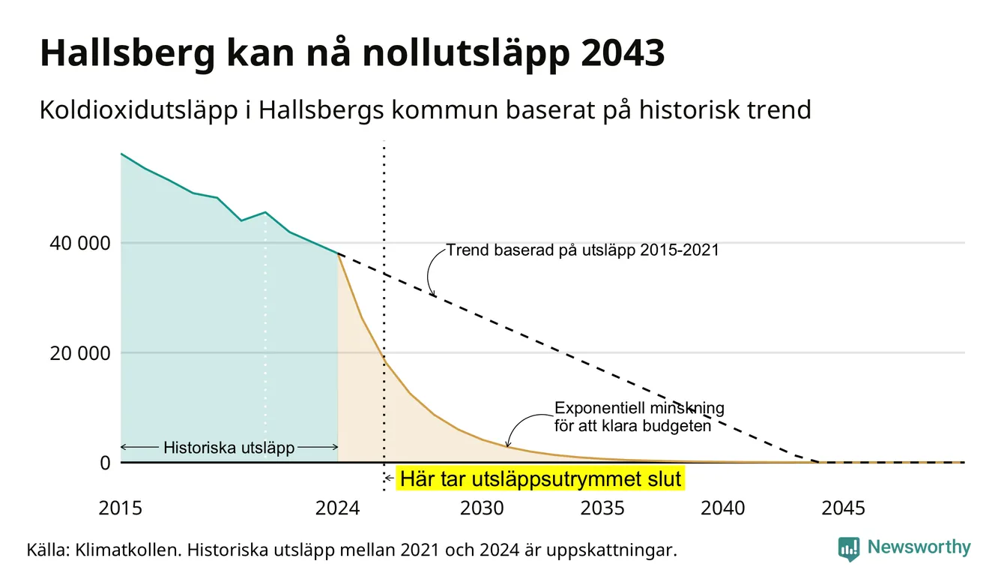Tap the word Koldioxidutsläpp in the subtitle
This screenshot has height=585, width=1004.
pyautogui.click(x=139, y=110)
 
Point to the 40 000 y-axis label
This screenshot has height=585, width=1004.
pyautogui.click(x=79, y=243)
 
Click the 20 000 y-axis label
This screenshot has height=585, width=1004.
pyautogui.click(x=79, y=353)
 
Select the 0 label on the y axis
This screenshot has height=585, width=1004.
pyautogui.click(x=105, y=463)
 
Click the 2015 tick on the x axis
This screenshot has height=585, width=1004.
pyautogui.click(x=120, y=508)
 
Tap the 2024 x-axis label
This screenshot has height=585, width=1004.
pyautogui.click(x=337, y=508)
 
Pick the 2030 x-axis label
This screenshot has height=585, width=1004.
pyautogui.click(x=482, y=508)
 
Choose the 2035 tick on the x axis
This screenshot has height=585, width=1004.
pyautogui.click(x=602, y=508)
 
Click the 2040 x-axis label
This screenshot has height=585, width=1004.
pyautogui.click(x=722, y=508)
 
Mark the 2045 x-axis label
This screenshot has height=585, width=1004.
pyautogui.click(x=843, y=508)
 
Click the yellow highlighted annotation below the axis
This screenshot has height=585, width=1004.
pyautogui.click(x=540, y=478)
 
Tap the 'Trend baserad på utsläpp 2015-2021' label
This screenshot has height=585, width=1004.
pyautogui.click(x=582, y=250)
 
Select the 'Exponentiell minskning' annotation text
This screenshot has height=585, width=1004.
pyautogui.click(x=639, y=408)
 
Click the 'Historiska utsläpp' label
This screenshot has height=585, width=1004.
pyautogui.click(x=229, y=448)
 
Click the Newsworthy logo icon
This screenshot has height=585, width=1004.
pyautogui.click(x=848, y=549)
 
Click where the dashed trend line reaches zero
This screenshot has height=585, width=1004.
pyautogui.click(x=818, y=462)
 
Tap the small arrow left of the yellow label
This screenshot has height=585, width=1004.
pyautogui.click(x=389, y=478)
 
